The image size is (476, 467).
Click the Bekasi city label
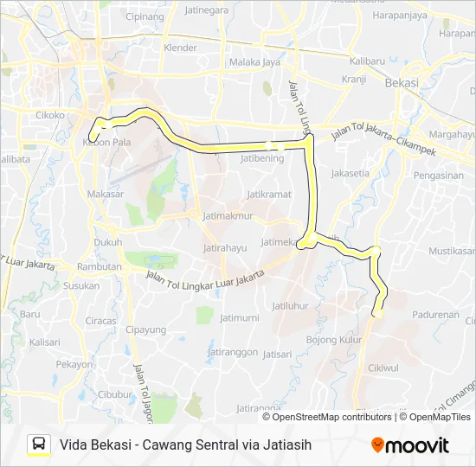(x=402, y=83)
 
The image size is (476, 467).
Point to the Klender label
(x=180, y=48)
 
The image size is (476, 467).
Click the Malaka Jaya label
(x=254, y=61)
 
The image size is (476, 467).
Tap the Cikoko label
(x=51, y=113)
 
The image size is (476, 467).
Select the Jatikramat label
(x=267, y=195)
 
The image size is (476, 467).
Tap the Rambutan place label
(x=99, y=267)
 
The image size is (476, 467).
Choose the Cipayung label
(x=145, y=329)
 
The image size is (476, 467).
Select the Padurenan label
(x=435, y=315)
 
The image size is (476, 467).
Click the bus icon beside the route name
(x=39, y=445)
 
